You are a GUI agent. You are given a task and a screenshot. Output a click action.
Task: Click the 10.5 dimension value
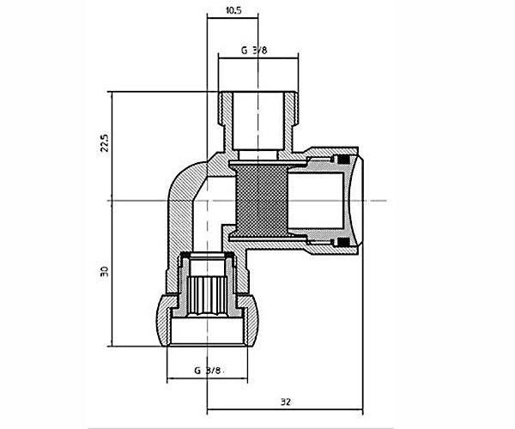[233, 10]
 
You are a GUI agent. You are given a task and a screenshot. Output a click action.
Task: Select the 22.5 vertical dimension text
[105, 142]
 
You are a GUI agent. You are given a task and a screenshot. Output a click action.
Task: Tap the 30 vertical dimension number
[105, 271]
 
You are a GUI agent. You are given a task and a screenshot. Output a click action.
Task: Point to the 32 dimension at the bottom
[286, 402]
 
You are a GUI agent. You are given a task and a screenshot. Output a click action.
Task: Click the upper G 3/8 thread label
[254, 51]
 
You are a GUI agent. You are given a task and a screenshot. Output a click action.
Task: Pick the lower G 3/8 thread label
[208, 371]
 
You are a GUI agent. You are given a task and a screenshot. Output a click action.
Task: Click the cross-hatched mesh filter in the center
[262, 200]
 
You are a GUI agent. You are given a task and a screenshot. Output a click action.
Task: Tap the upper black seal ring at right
[344, 160]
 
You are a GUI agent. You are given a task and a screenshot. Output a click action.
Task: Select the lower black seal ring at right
[344, 242]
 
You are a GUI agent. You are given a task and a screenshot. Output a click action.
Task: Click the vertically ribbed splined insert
[208, 295]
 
